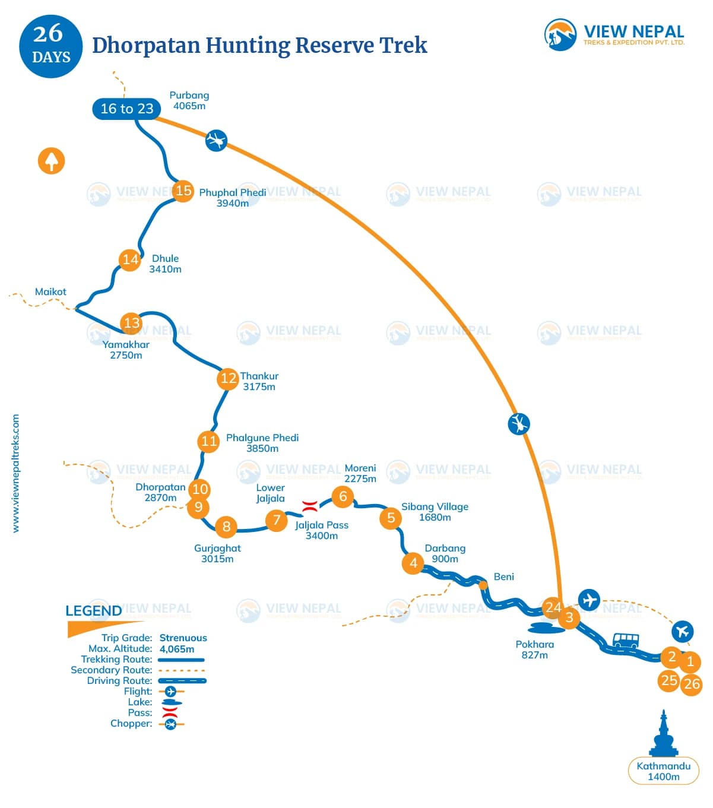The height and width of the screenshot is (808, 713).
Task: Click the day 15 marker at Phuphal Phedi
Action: tap(183, 191)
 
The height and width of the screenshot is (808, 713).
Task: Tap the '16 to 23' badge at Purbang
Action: tap(126, 109)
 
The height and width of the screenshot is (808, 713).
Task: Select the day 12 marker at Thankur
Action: tap(228, 378)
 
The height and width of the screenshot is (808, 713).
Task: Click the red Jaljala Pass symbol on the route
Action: tap(309, 506)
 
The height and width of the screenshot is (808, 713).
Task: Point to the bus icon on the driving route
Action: tap(625, 640)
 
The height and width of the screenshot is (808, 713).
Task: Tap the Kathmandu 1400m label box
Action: tap(663, 771)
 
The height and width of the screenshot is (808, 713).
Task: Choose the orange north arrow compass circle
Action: tap(52, 161)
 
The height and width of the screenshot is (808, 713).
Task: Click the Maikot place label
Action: tap(50, 291)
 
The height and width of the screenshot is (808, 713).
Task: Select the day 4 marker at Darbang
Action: tap(413, 563)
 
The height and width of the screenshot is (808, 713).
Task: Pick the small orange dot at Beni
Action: tap(483, 585)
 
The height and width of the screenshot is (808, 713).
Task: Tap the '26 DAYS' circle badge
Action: tap(50, 46)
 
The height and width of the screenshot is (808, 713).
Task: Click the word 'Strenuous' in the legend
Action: tap(183, 638)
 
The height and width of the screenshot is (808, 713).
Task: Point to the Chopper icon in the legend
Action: tap(171, 724)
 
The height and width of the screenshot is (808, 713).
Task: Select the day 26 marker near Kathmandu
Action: tap(692, 684)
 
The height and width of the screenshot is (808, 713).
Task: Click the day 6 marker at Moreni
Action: tap(343, 496)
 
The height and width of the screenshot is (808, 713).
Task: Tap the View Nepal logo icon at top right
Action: tap(560, 34)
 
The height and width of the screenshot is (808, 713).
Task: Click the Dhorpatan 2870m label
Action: tap(160, 492)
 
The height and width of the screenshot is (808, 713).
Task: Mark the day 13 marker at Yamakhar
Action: tap(131, 323)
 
